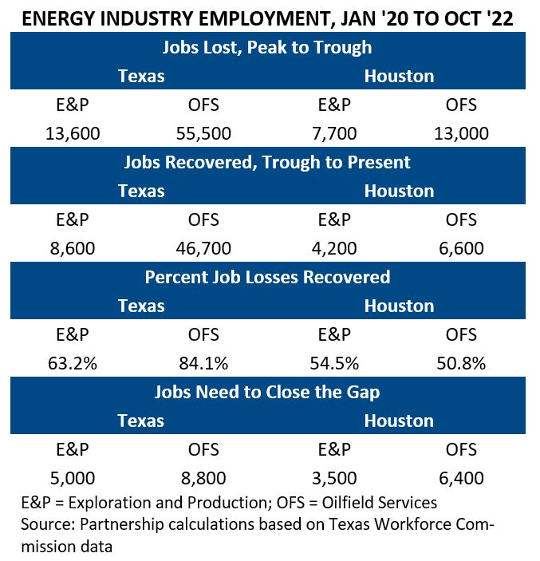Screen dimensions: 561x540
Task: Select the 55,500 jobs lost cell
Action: click(203, 133)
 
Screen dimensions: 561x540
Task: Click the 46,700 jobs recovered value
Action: click(203, 248)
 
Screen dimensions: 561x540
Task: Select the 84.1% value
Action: click(203, 363)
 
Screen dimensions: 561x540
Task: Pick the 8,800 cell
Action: click(203, 478)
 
